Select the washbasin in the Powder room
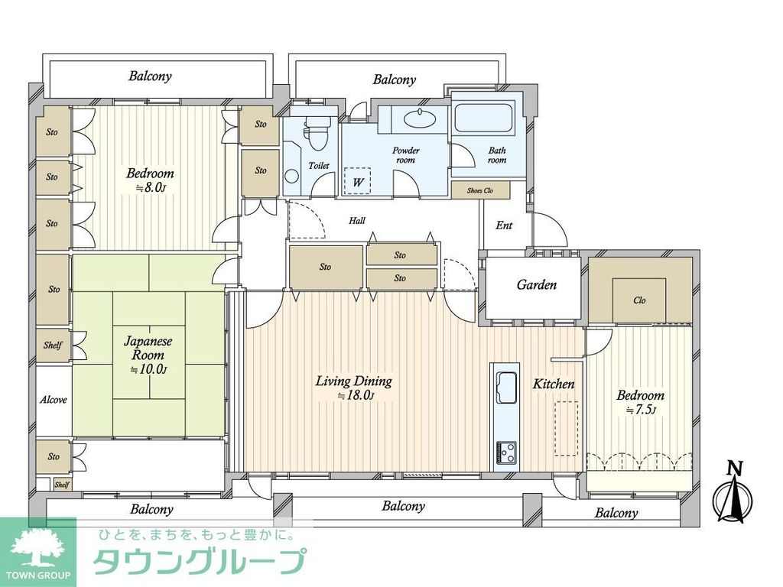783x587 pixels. click(x=418, y=118)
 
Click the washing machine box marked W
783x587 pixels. click(x=357, y=181)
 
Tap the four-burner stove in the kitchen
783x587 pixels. click(x=506, y=452)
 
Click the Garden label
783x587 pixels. click(x=536, y=285)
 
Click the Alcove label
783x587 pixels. click(x=53, y=400)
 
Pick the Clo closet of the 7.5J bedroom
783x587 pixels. click(x=639, y=300)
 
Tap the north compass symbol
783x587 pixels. click(x=733, y=495)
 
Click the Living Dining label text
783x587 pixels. click(x=353, y=381)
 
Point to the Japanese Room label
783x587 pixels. click(x=148, y=349)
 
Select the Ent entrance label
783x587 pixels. click(x=504, y=225)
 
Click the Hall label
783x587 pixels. click(x=357, y=221)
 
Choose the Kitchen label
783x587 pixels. click(x=554, y=384)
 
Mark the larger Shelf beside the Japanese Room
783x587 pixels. click(x=53, y=345)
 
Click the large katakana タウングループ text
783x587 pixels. click(x=200, y=562)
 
